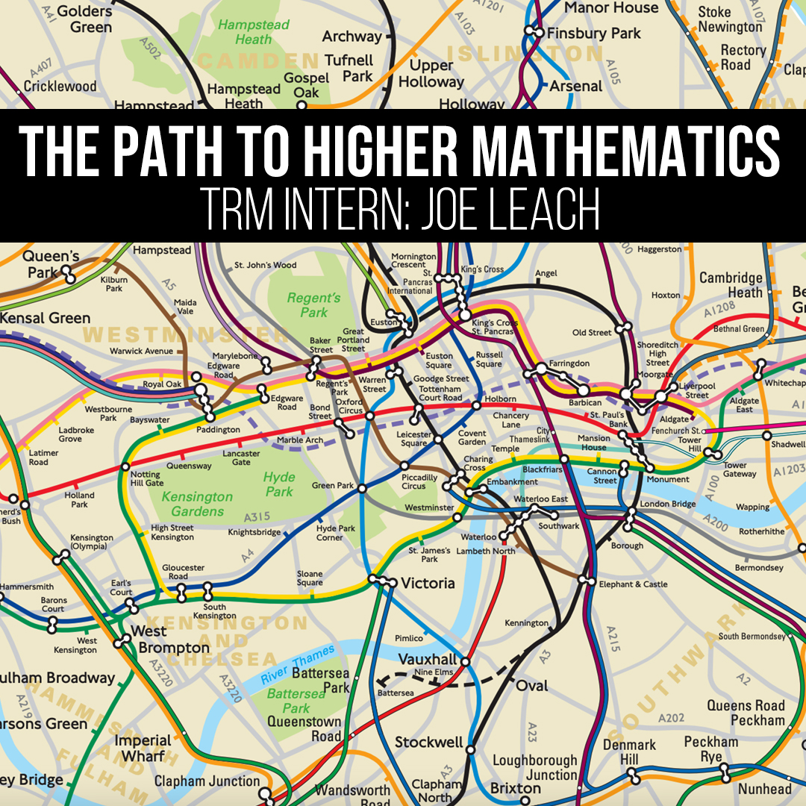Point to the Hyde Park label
coord(279,484)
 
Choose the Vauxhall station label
coord(427,660)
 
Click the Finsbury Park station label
coord(594,33)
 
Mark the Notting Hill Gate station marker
coord(125,467)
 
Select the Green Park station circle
coord(362,489)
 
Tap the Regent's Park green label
coord(313,305)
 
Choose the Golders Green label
coord(84,18)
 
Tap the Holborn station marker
coord(475,406)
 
